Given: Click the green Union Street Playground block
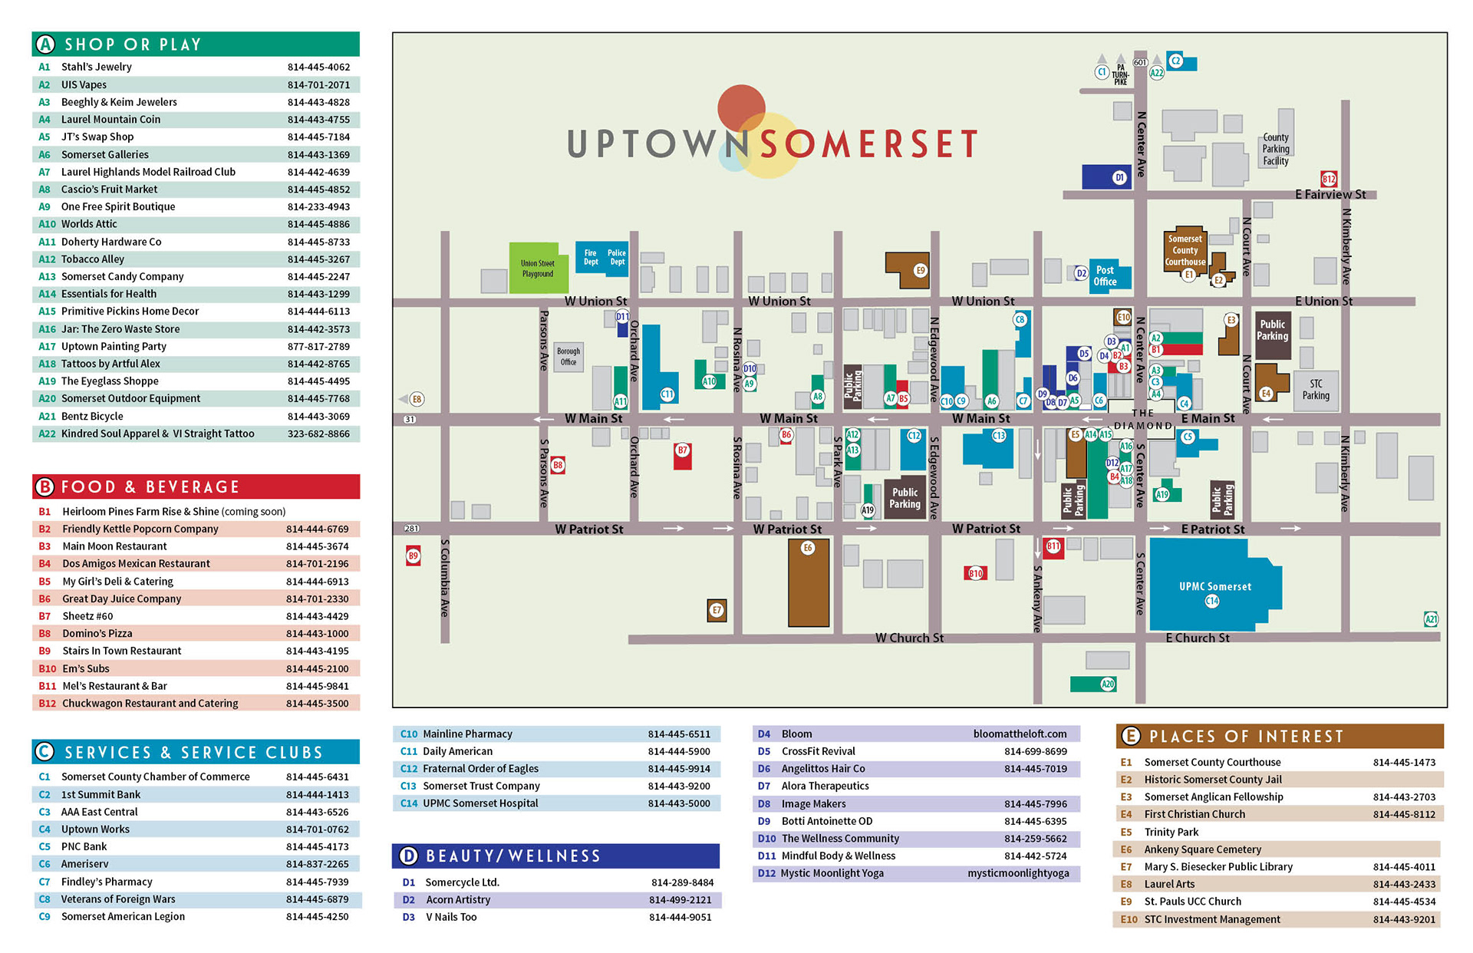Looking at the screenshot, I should tap(537, 268).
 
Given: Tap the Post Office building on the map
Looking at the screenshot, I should tap(1105, 275).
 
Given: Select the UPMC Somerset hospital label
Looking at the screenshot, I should tap(1214, 586).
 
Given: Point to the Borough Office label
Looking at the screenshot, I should tap(568, 357).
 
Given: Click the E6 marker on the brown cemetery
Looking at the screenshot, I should tap(807, 548).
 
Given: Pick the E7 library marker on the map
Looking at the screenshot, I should tap(717, 611).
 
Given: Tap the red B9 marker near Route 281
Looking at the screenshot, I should tap(414, 556).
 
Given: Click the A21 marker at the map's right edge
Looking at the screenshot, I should tap(1431, 619).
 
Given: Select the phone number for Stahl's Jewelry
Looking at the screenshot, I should tap(318, 67).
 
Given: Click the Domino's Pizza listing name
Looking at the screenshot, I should tap(97, 634).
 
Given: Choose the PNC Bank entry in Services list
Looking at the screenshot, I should tap(84, 846).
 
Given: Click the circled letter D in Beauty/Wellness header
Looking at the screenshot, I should tap(409, 856).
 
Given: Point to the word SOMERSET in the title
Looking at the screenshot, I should tap(868, 143).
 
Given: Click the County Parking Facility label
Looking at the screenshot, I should tap(1276, 150).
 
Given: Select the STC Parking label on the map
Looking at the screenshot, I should tap(1316, 390).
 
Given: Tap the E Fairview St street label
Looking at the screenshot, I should tap(1330, 195).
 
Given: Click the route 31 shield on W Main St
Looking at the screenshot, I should tap(410, 420).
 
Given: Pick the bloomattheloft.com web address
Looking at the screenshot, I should tap(1020, 734).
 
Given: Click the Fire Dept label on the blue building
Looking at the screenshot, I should tap(591, 257).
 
